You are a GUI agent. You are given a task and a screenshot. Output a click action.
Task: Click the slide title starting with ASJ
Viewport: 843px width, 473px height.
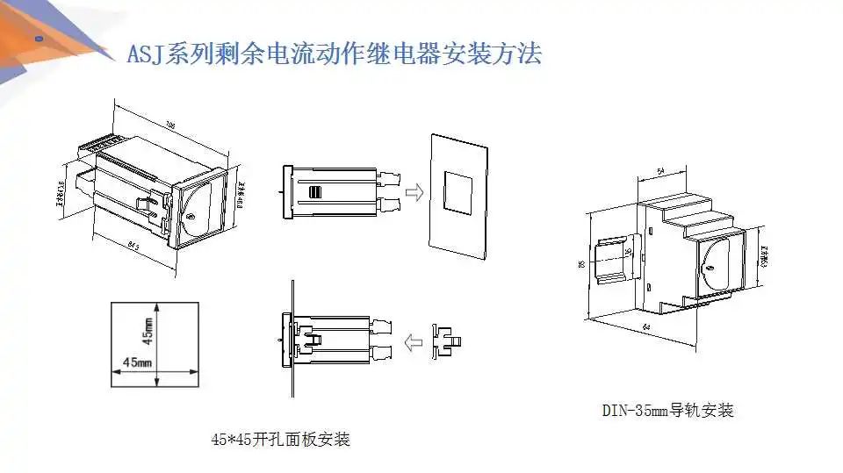point(335,54)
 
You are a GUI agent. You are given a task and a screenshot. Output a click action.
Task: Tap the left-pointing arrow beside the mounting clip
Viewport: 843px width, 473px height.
point(411,341)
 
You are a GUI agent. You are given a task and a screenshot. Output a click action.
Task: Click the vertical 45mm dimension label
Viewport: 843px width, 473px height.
point(148,331)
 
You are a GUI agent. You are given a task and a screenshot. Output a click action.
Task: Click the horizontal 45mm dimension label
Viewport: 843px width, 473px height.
point(136,362)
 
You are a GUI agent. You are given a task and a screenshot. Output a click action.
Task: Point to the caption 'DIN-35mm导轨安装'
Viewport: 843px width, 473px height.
point(667,410)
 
